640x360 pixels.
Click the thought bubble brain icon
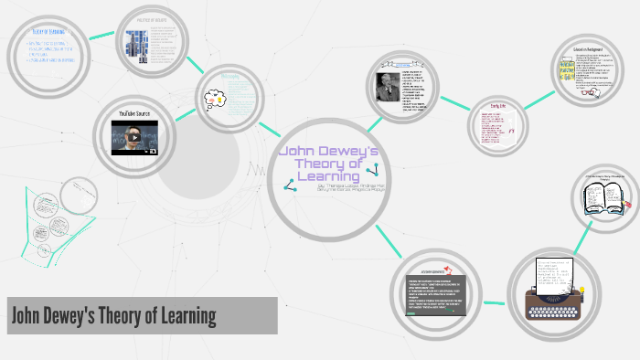pos(215,95)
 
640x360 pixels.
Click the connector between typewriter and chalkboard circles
pos(495,301)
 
